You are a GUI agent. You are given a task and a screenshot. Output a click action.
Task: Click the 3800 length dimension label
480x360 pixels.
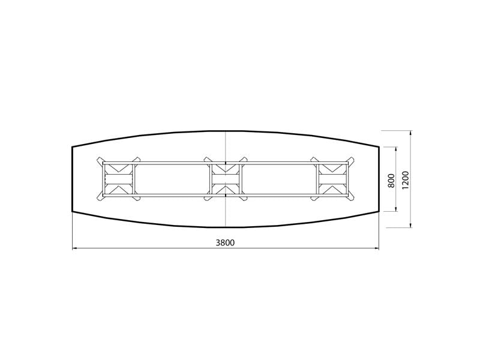pos(226,243)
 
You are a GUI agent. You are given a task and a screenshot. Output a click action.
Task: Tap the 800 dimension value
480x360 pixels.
pos(391,181)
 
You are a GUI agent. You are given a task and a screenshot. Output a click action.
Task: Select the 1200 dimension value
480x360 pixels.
pos(406,180)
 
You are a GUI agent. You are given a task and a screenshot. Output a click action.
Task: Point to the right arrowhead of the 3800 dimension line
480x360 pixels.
pos(376,248)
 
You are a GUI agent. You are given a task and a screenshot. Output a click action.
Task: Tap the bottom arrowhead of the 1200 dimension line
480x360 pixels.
pos(410,224)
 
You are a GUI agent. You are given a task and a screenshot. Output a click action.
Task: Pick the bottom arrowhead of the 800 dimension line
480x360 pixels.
pos(397,208)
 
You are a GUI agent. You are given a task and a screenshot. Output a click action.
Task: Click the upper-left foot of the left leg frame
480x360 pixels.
pos(100,160)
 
